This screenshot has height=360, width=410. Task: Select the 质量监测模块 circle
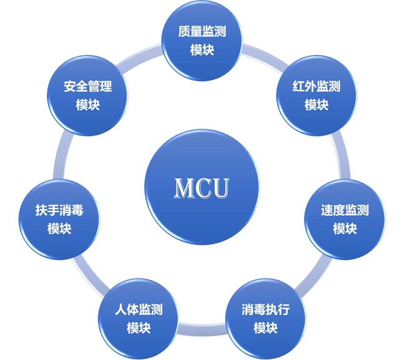[x=202, y=41]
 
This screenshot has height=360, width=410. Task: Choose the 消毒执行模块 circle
[x=266, y=319]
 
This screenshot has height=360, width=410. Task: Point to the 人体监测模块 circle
[x=139, y=318]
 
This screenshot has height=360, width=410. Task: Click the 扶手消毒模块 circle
[x=59, y=218]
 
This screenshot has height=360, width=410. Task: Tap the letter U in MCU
[x=220, y=187]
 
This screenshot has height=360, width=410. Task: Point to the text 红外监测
[x=316, y=87]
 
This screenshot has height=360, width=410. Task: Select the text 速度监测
[x=345, y=210]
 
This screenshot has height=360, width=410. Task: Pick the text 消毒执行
[x=266, y=310]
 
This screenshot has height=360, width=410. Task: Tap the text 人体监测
[x=139, y=310]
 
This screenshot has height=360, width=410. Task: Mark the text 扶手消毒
[x=59, y=210]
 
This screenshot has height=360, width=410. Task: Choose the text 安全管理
[x=87, y=87]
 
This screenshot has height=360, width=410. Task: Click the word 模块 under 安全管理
[x=87, y=105]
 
